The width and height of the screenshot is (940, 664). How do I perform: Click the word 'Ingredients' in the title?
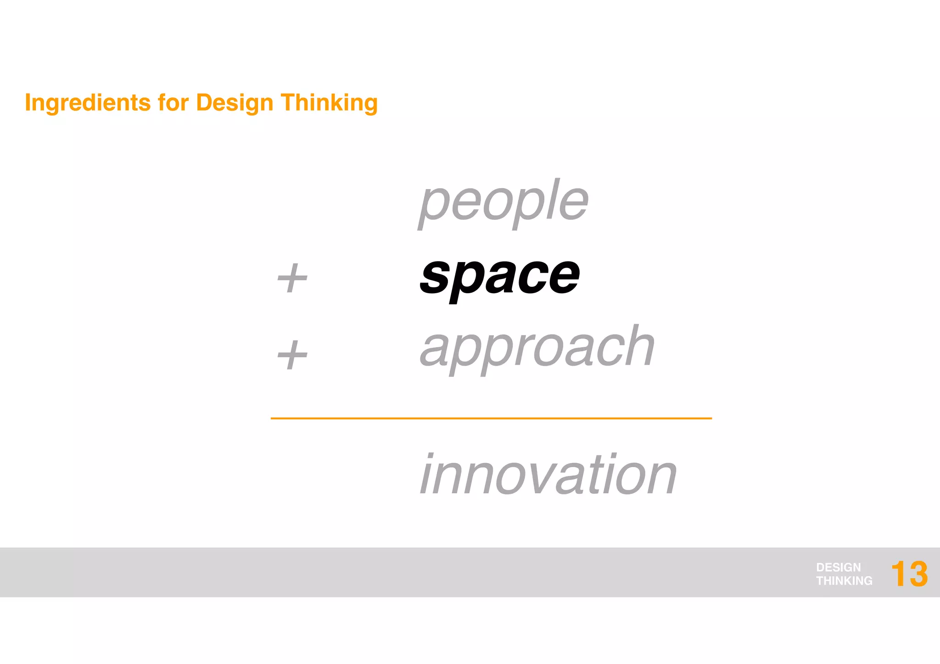[x=88, y=103]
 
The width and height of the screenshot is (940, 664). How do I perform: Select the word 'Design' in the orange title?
[x=235, y=103]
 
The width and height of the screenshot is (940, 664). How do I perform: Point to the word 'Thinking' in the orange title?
[x=329, y=103]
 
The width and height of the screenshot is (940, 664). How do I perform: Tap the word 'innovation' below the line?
[x=548, y=475]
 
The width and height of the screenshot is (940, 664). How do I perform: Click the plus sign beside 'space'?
[x=292, y=278]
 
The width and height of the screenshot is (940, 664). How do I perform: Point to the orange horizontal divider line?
[x=491, y=418]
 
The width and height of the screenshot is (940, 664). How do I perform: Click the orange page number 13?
[x=909, y=574]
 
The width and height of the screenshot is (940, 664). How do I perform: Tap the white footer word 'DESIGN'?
[x=838, y=567]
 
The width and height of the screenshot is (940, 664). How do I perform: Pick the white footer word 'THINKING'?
[x=844, y=580]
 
